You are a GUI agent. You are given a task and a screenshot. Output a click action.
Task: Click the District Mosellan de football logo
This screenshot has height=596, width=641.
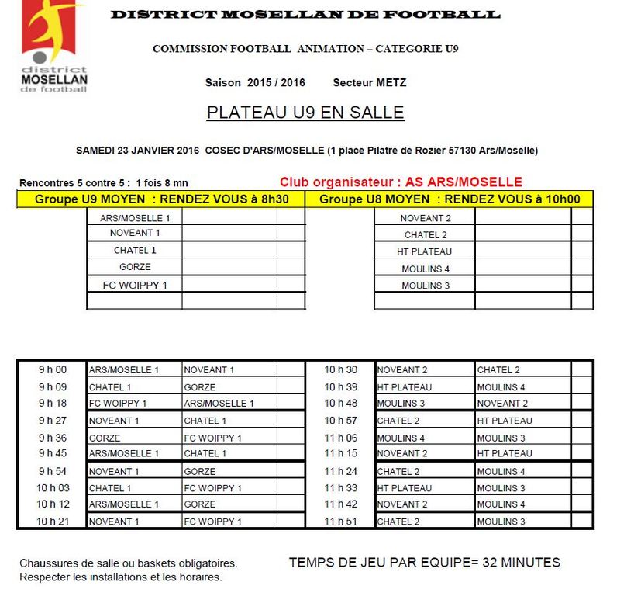point(54,47)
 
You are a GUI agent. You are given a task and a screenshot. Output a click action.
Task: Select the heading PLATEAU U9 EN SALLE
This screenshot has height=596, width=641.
point(305,113)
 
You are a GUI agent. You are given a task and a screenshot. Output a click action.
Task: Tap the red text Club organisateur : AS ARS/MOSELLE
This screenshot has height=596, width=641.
point(401,182)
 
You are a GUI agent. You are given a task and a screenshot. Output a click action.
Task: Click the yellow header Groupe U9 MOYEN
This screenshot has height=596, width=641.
point(161,199)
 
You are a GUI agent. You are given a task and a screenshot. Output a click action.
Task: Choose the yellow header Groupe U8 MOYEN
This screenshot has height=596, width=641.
point(450,199)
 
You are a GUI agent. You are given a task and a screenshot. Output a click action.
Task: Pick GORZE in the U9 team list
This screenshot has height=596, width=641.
point(135,267)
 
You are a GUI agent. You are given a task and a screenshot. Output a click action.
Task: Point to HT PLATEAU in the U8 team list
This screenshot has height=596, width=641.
point(424,251)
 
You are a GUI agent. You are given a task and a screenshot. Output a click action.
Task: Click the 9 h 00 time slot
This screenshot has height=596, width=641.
point(53,370)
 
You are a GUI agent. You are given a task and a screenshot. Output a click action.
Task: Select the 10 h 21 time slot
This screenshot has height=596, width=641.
point(53,521)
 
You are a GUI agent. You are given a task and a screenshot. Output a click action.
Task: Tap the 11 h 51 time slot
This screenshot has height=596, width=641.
point(340,521)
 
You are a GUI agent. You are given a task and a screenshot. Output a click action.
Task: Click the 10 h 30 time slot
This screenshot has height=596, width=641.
point(340,370)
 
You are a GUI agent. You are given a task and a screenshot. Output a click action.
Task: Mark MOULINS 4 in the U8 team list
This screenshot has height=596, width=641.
point(426,269)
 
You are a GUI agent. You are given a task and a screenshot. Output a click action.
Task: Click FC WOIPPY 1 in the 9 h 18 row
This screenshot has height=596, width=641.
point(118,404)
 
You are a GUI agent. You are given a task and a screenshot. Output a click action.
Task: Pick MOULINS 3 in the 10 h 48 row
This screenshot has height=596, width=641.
point(401,404)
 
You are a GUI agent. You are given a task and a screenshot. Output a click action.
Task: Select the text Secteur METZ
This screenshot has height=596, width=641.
point(369,82)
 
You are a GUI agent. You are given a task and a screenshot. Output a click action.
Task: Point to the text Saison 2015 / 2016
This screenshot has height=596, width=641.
point(255,82)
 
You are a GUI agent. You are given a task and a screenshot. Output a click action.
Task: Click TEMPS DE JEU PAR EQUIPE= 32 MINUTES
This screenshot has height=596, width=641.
point(424,563)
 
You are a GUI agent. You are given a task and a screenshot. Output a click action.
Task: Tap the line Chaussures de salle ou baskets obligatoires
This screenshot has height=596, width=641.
point(129,563)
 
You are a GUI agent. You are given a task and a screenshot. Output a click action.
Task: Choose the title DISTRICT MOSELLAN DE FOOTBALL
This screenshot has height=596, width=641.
point(305,15)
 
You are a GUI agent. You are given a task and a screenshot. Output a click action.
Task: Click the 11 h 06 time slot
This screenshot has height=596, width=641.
point(340,438)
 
